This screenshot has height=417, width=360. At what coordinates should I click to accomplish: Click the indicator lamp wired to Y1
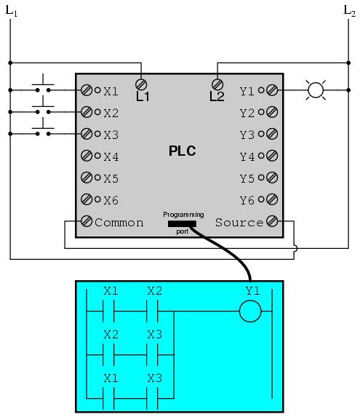point(316,90)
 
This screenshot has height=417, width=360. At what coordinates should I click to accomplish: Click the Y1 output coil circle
point(250,311)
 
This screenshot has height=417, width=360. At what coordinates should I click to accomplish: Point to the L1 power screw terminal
point(141,84)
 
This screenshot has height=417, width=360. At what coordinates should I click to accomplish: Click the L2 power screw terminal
point(217,84)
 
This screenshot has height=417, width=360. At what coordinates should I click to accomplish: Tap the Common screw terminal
point(87,221)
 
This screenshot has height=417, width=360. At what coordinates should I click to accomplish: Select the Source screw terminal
point(272,221)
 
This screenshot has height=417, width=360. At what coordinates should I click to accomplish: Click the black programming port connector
point(182,224)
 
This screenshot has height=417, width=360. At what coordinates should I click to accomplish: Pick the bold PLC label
point(183,151)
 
